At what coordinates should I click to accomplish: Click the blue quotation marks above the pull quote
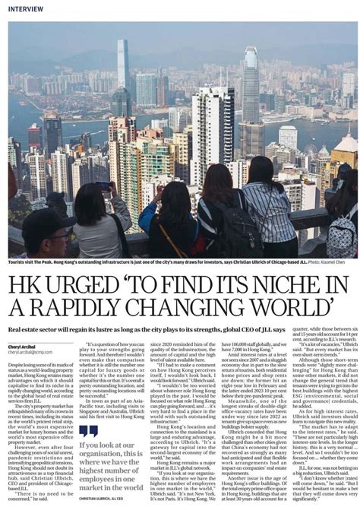click(90, 429)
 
